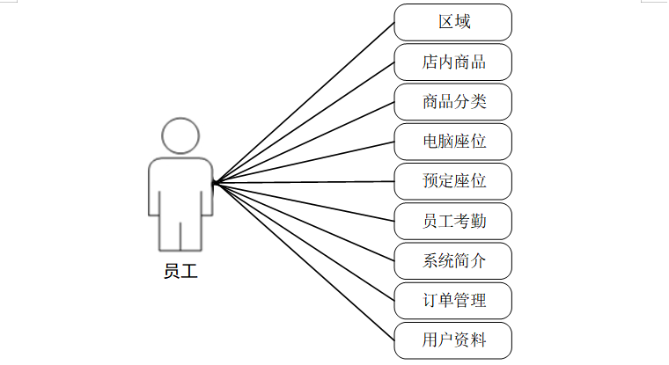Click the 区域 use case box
[453, 22]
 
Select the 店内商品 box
[453, 62]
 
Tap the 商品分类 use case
[453, 102]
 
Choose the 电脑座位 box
[453, 142]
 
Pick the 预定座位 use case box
[453, 181]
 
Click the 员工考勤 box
[453, 221]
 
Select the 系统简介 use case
[453, 260]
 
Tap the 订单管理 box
[453, 300]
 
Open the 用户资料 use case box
[453, 339]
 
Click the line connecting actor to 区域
[305, 102]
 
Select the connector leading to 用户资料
[305, 261]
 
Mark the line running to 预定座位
[305, 182]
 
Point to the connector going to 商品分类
[305, 142]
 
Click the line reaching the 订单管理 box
[305, 242]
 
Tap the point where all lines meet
[215, 183]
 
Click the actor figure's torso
[180, 189]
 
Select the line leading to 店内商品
[305, 122]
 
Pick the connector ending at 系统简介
[305, 222]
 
